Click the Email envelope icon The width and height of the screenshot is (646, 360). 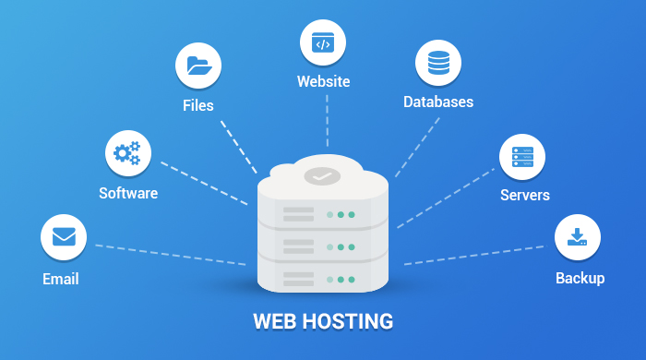coord(64,237)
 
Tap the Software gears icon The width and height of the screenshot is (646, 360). coord(127,153)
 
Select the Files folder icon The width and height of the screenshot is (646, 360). coord(198,66)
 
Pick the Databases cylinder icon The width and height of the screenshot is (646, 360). coord(437,63)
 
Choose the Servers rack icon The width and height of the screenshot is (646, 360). coord(522,156)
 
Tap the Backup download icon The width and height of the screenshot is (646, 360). coord(578,237)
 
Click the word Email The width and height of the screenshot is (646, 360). coord(61,279)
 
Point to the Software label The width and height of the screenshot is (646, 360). coord(128,194)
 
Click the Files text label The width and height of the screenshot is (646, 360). coord(197,105)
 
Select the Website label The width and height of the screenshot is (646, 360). coord(323,82)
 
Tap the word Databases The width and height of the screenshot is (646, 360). coord(438,102)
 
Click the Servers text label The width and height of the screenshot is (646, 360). coord(525,196)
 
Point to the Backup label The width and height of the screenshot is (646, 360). coord(580,278)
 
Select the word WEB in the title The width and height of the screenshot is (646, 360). coord(274,322)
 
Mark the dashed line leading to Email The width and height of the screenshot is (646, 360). coord(171,255)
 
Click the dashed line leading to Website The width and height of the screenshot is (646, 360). coord(326,125)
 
